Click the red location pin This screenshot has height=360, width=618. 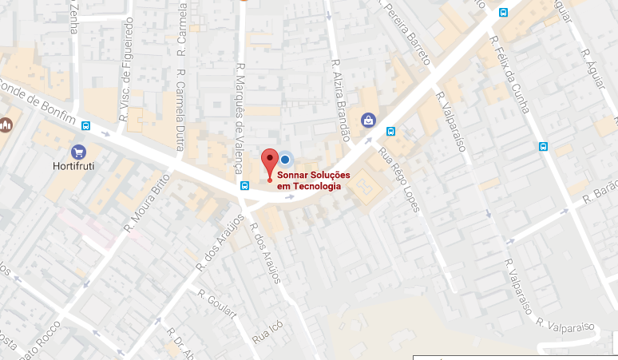tap(270, 161)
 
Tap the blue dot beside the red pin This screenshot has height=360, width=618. tap(285, 160)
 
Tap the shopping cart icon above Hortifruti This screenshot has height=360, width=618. tap(78, 152)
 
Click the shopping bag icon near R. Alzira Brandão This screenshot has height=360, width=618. tap(368, 120)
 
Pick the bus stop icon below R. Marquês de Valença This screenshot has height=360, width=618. tap(244, 186)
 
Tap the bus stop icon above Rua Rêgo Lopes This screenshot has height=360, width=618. tap(391, 132)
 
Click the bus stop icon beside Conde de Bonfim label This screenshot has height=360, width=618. tap(86, 125)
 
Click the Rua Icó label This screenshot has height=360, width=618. tap(266, 331)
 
